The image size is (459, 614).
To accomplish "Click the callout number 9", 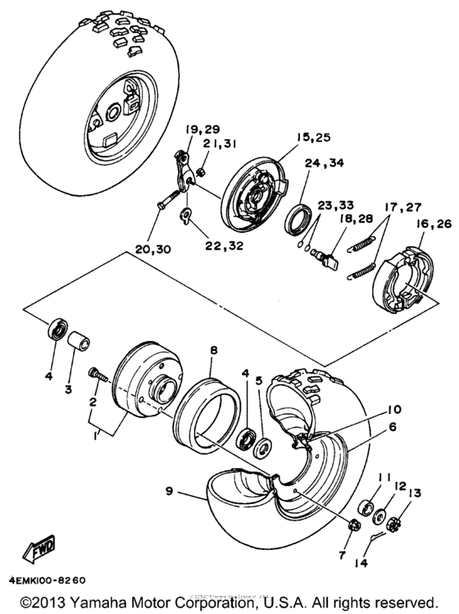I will coord(170,493).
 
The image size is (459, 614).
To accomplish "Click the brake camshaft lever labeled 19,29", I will coord(186,169).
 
